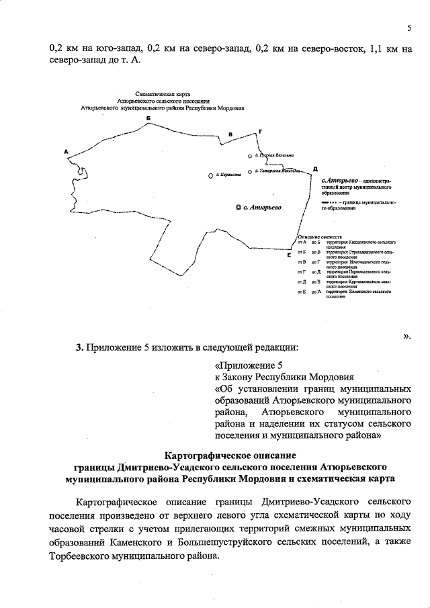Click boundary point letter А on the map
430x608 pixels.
click(x=66, y=150)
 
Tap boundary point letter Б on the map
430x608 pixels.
click(x=148, y=118)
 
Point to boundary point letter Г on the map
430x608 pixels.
click(x=259, y=132)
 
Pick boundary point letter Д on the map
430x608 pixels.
click(x=314, y=168)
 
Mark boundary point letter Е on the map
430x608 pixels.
click(x=289, y=255)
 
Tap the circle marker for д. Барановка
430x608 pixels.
click(x=210, y=176)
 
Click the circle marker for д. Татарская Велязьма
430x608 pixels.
click(x=249, y=171)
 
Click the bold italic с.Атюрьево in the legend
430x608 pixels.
click(x=340, y=181)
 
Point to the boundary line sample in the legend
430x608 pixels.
click(x=329, y=202)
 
